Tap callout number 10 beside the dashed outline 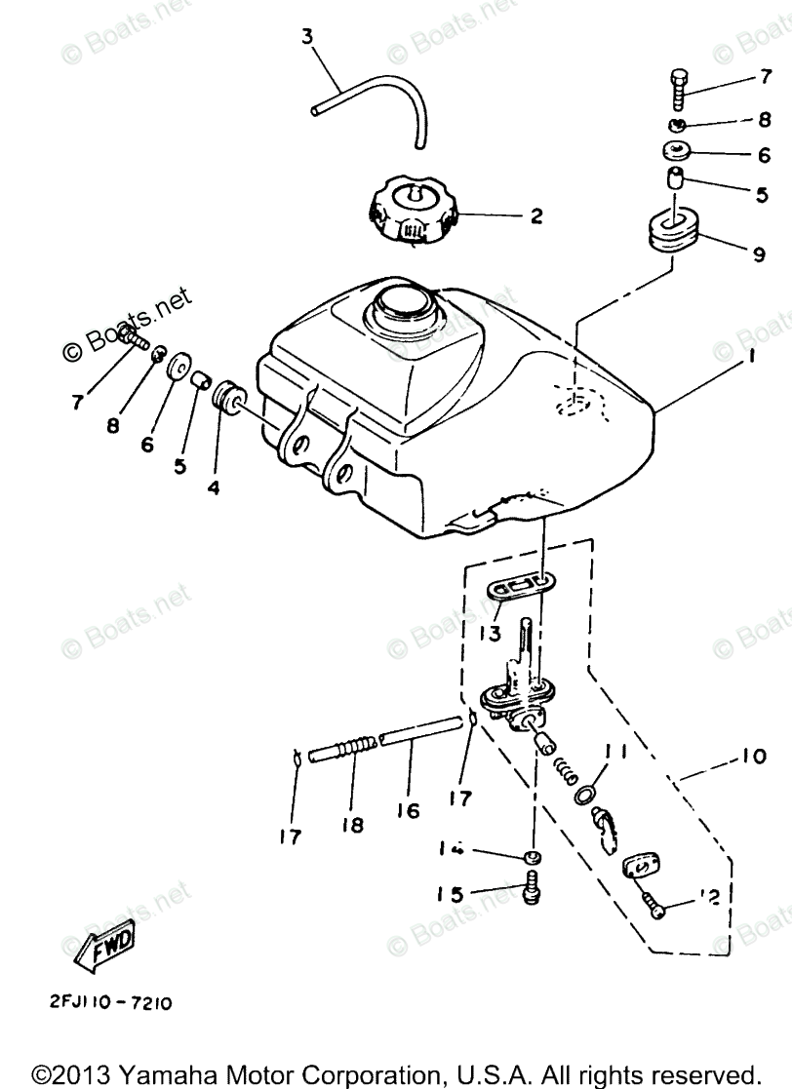click(x=754, y=756)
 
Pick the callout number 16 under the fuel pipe click(x=407, y=810)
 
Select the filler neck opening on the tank click(x=402, y=309)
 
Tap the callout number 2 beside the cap click(x=535, y=216)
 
